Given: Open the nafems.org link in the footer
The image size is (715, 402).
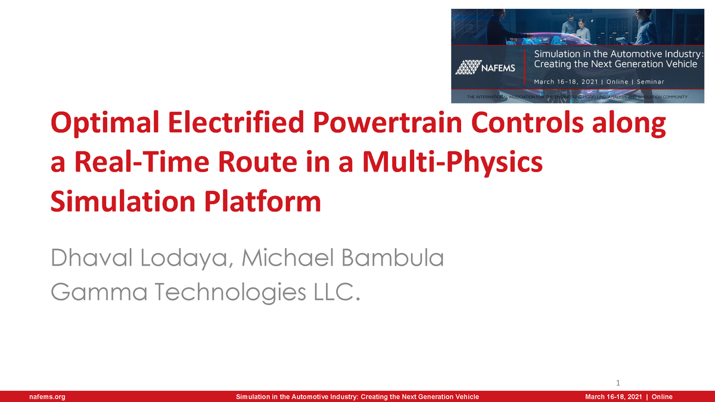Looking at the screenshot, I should click(47, 397).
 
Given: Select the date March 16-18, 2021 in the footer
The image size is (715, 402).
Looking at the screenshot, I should click(613, 397).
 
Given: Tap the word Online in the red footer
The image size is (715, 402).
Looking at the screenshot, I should click(662, 397).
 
